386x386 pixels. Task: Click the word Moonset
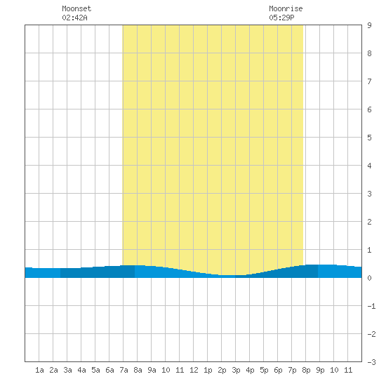coord(76,8)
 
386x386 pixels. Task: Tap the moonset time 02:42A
coord(74,18)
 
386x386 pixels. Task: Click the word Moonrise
coord(286,8)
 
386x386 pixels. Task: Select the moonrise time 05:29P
coord(281,18)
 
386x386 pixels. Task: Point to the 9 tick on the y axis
coord(369,25)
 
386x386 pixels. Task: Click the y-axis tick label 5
coord(369,138)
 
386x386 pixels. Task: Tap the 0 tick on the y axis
coord(369,278)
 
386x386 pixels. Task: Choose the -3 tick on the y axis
coord(371,362)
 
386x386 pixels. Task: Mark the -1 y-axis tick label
coord(371,306)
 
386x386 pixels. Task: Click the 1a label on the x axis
coord(39,370)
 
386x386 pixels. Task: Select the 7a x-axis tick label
coord(124,370)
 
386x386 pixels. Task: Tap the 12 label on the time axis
coord(194,370)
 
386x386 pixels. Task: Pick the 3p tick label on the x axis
coord(236,370)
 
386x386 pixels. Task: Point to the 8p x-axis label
coord(306,370)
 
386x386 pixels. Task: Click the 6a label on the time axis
coord(109,370)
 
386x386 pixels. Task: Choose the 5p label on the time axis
coord(264,370)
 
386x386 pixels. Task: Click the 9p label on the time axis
coord(320,370)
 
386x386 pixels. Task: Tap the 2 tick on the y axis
coord(369,222)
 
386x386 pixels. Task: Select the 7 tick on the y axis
coord(369,81)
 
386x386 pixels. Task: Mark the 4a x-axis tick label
coord(81,370)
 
